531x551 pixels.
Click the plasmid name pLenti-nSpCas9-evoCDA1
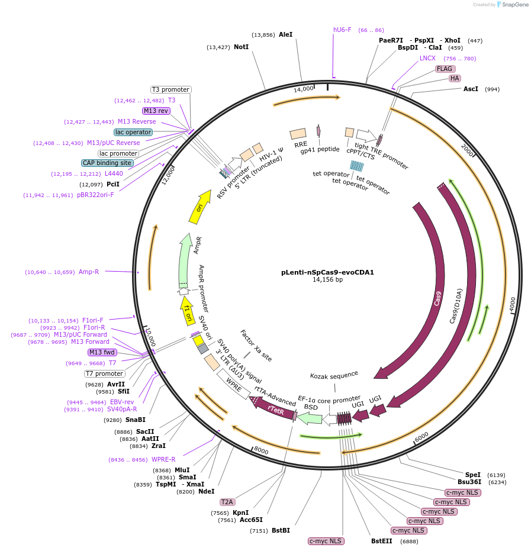coord(327,272)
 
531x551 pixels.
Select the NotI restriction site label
coord(241,47)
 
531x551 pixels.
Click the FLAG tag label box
coord(445,69)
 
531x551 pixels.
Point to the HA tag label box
coord(455,78)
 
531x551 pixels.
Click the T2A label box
coord(227,502)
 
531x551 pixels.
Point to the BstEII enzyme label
coord(382,541)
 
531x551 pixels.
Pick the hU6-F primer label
coord(342,30)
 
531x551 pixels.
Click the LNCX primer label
coord(427,58)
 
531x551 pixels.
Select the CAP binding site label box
coord(107,163)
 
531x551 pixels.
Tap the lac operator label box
coord(133,132)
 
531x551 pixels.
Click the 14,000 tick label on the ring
coord(304,89)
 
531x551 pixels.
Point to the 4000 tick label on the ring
coord(513,300)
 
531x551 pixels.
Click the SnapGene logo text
coord(513,5)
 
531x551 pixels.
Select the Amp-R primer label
coord(89,272)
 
